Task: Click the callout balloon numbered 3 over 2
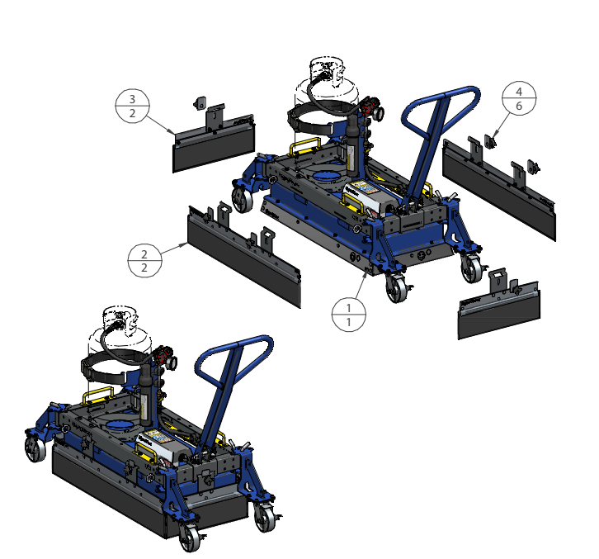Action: coord(132,106)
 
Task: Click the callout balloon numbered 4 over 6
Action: coord(519,98)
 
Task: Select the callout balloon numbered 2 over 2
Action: coord(144,260)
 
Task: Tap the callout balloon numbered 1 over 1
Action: coord(349,315)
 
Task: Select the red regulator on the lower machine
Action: coord(165,357)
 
